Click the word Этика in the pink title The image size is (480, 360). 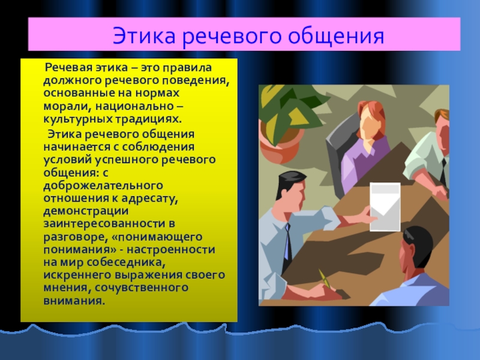(144, 35)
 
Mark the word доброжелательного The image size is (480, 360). (103, 185)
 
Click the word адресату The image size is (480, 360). (149, 199)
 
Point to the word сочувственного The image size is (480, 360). (142, 288)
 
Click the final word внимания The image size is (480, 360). (74, 301)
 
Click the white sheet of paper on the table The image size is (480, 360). (385, 206)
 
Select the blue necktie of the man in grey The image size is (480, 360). (287, 242)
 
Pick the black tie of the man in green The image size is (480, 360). (443, 173)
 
